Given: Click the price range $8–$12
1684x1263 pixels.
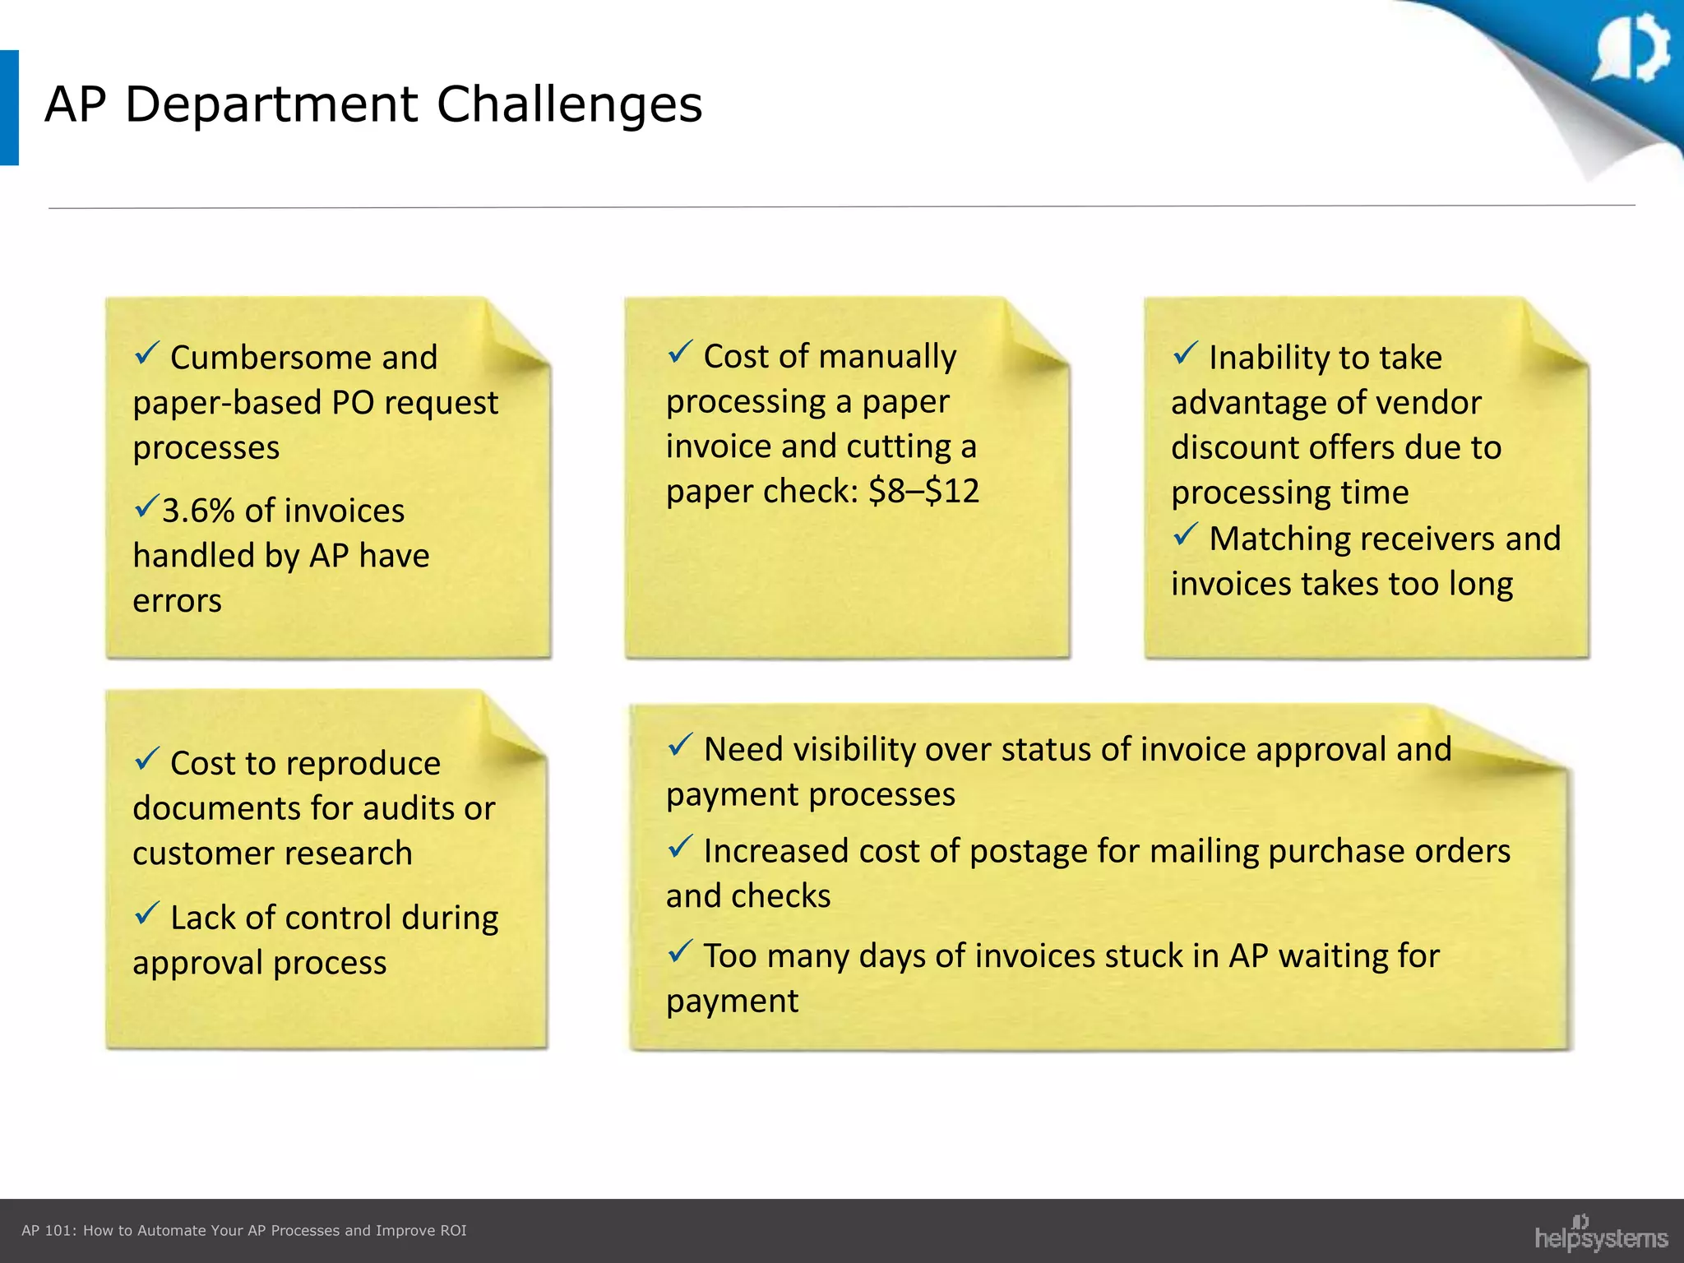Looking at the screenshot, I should click(x=923, y=491).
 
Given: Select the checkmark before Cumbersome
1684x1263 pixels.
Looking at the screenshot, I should click(x=146, y=354).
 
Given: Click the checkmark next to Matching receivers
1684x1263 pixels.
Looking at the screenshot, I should click(x=1185, y=535).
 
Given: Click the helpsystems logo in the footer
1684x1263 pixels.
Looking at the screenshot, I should click(x=1600, y=1235).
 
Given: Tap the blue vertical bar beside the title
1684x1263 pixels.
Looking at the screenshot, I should click(x=9, y=108).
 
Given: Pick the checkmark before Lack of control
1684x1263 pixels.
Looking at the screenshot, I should click(x=146, y=913).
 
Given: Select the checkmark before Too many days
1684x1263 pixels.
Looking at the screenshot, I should click(x=680, y=951).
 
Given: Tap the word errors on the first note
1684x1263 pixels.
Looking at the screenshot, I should click(x=177, y=601).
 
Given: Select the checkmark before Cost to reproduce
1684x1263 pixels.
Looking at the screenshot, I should click(x=146, y=759).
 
